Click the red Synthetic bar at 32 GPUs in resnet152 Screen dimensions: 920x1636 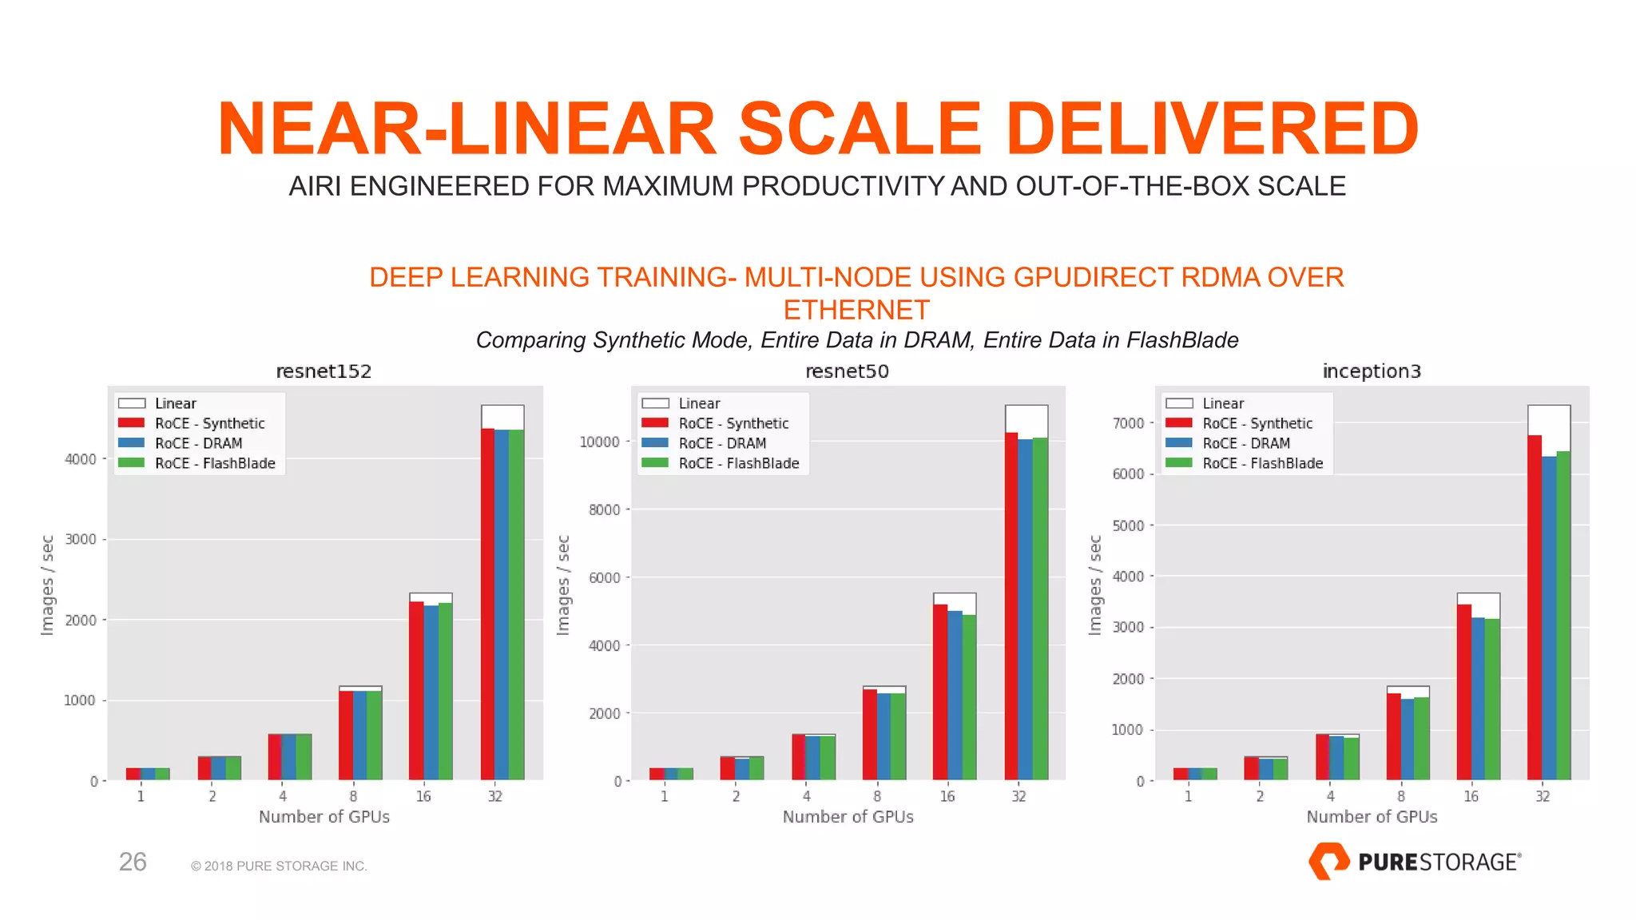click(487, 604)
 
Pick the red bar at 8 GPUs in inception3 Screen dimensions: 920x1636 click(1394, 736)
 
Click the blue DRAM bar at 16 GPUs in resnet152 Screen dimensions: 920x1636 click(431, 692)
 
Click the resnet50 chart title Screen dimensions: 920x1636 click(847, 371)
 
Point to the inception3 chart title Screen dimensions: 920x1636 click(1372, 371)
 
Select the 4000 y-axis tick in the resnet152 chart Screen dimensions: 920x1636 click(81, 459)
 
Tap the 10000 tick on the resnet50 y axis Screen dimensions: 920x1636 click(599, 442)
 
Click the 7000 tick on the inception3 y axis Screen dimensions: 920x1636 click(1128, 423)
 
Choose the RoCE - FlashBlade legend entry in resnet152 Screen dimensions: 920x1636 click(214, 463)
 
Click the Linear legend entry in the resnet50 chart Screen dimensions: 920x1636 click(699, 403)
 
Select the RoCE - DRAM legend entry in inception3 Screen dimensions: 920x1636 click(1245, 443)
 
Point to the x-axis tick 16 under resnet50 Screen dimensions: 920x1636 click(947, 796)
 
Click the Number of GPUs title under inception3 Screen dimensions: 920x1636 click(1372, 817)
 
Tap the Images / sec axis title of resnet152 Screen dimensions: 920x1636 click(48, 585)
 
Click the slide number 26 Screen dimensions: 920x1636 click(133, 862)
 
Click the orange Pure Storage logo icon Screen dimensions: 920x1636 click(1328, 861)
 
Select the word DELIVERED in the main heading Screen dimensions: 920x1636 click(1212, 129)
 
